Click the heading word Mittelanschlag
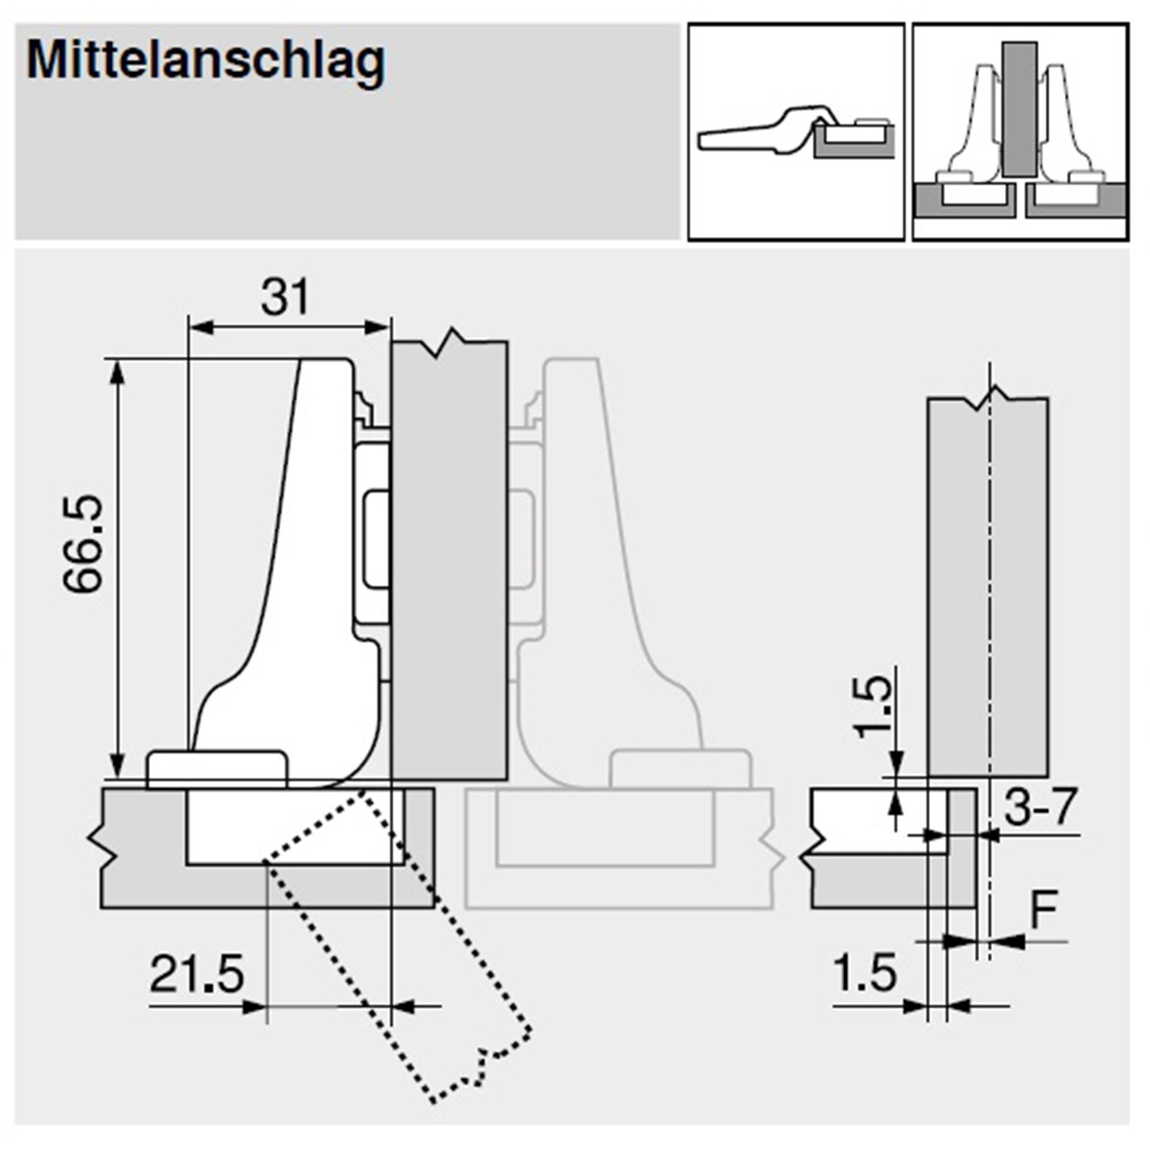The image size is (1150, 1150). click(x=205, y=61)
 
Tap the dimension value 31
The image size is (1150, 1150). click(x=285, y=297)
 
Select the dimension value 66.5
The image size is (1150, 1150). click(x=83, y=544)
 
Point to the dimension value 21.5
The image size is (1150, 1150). click(x=197, y=974)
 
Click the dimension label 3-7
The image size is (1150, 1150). click(x=1040, y=807)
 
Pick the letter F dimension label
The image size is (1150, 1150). click(x=1043, y=911)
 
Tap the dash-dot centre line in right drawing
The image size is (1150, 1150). click(x=991, y=583)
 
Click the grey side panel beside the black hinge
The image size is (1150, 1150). click(x=449, y=560)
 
